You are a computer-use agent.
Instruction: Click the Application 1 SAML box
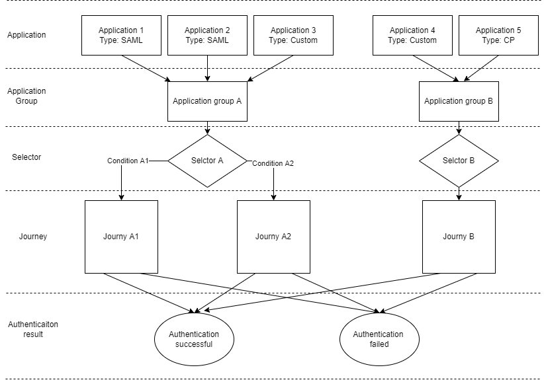(x=121, y=35)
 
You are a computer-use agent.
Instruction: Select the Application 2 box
(x=207, y=35)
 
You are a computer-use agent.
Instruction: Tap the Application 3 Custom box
(x=293, y=35)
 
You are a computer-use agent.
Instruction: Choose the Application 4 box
(x=412, y=35)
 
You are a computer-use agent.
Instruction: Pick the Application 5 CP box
(x=498, y=35)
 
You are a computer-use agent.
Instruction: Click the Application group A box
(x=207, y=101)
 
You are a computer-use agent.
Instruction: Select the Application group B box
(x=459, y=101)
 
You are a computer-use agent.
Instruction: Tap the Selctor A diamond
(x=207, y=161)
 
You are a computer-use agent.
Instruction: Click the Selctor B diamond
(x=459, y=161)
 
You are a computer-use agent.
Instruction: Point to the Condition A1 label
(x=128, y=161)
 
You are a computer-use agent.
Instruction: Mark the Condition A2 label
(x=273, y=163)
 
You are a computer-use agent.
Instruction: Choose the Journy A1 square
(x=121, y=237)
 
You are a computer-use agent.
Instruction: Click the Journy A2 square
(x=273, y=237)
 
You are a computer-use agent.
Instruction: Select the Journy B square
(x=459, y=237)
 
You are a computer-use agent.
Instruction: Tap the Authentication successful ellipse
(x=194, y=339)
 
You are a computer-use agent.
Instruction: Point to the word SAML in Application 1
(x=131, y=40)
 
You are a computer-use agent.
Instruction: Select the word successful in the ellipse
(x=194, y=344)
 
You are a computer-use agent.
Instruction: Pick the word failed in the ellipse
(x=379, y=344)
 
